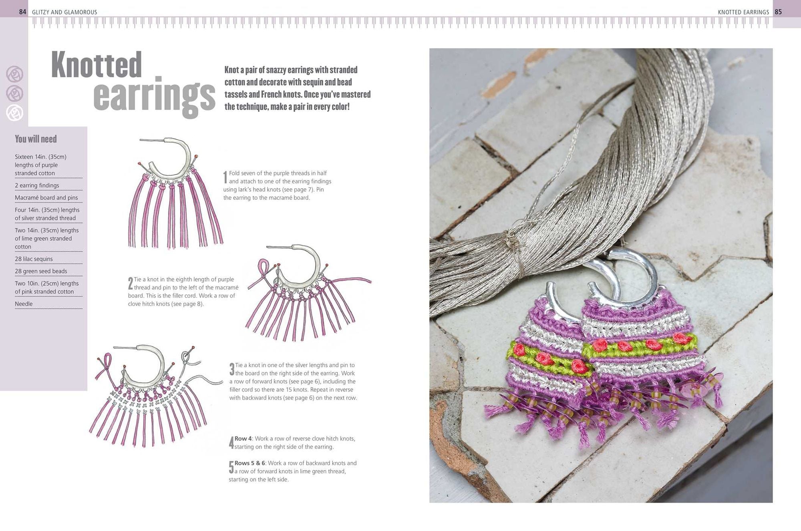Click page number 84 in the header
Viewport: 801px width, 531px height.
(x=22, y=12)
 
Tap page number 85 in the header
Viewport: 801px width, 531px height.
(x=778, y=12)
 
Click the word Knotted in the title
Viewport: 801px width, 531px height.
(x=97, y=64)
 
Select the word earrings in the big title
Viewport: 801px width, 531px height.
(x=154, y=96)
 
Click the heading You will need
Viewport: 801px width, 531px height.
(x=36, y=139)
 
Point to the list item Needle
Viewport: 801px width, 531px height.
(x=24, y=304)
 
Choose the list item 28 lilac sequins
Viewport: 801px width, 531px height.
(x=34, y=259)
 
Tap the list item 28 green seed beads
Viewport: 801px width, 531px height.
(x=41, y=271)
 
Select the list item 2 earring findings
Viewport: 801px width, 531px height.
(x=37, y=185)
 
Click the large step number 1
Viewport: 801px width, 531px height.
(x=225, y=177)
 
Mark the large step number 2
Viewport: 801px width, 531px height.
(x=131, y=284)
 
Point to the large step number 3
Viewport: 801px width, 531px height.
(x=232, y=369)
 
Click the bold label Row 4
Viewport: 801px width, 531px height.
(x=243, y=438)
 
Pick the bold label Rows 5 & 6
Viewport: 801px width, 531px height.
(x=250, y=463)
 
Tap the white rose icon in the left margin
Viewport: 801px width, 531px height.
(x=14, y=113)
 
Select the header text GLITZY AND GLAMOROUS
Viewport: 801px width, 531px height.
(x=64, y=12)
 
